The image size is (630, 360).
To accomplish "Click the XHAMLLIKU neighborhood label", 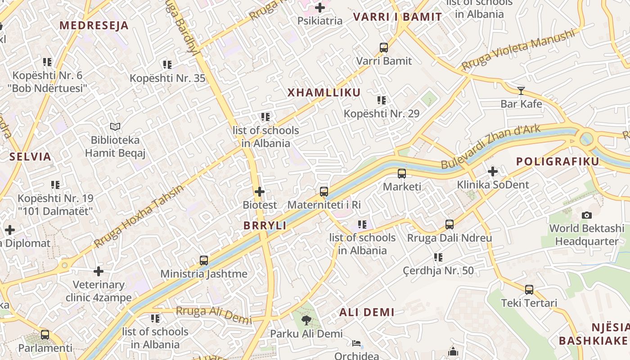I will (x=324, y=93).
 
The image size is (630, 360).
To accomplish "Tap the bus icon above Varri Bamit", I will (x=384, y=47).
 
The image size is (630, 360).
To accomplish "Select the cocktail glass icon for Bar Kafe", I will (x=521, y=91).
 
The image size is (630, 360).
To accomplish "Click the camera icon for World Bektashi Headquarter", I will (x=587, y=215).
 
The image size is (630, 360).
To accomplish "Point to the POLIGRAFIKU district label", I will (x=558, y=162).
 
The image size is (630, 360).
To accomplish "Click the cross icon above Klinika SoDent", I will (x=493, y=171).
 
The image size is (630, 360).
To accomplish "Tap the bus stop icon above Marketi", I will (x=402, y=173).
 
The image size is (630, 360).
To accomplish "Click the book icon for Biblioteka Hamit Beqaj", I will (x=115, y=127).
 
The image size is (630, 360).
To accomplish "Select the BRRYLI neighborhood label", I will (x=265, y=226).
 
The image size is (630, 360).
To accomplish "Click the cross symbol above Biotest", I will (x=260, y=192).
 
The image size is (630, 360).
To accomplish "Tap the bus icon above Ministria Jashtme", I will (x=204, y=261).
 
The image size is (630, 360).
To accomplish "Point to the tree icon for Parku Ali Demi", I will (x=306, y=320).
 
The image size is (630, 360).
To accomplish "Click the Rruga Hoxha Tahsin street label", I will (x=139, y=216).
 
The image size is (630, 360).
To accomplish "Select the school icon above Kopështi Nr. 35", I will (x=167, y=65).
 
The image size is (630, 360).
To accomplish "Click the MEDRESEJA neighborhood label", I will (x=94, y=26).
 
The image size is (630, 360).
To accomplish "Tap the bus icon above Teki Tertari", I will (x=529, y=290).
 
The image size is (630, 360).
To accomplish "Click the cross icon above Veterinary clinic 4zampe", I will (x=99, y=271).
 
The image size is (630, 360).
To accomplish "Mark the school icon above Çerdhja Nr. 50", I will (x=438, y=257).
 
